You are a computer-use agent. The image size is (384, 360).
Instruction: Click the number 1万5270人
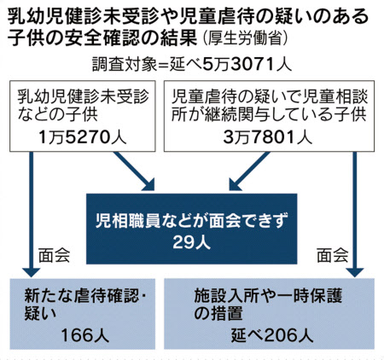tap(82, 138)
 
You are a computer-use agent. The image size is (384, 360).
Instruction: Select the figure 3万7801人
tap(268, 138)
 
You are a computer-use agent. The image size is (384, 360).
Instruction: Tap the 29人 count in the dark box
tap(191, 242)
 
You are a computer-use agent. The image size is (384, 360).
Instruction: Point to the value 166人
tap(85, 335)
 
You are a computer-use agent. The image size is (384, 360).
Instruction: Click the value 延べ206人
tap(272, 335)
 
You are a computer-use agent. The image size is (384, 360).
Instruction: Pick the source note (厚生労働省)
tap(245, 38)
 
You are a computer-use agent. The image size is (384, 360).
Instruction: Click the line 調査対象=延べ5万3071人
tap(192, 65)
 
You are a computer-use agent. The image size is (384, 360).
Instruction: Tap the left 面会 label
tap(54, 254)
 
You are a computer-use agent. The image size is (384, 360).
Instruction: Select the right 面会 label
tap(333, 254)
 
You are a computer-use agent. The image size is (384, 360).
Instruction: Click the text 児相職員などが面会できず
tap(192, 220)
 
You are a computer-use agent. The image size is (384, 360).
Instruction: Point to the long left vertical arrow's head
tap(31, 272)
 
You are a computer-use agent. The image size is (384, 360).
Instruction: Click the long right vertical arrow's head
tap(354, 272)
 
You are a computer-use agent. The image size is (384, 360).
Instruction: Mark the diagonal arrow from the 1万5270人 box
tap(134, 171)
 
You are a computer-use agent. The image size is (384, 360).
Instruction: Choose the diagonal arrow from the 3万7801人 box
tap(249, 171)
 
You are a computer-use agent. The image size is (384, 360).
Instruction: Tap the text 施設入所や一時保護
tap(268, 296)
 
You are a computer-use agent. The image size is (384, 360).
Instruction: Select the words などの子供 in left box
tap(58, 114)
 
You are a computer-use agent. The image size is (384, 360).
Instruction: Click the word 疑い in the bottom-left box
tap(40, 313)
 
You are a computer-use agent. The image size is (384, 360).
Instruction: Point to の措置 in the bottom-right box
tap(218, 313)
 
